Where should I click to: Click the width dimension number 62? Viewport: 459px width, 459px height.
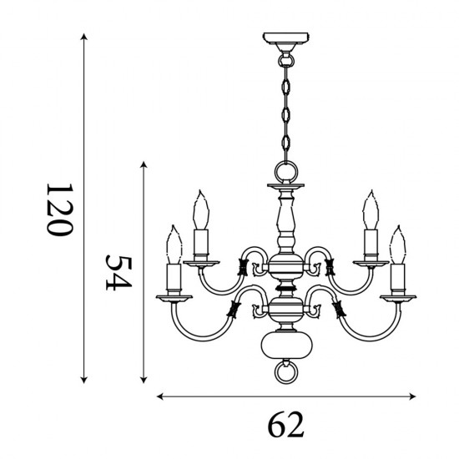pos(286,425)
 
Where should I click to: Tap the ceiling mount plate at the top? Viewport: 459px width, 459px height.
pos(285,39)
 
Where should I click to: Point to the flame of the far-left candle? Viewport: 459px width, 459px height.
pos(174,244)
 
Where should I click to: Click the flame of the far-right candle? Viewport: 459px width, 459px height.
pos(398,244)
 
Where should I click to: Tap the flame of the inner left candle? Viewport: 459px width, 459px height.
pos(199,208)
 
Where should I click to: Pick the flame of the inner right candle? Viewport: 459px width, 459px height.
pos(371,208)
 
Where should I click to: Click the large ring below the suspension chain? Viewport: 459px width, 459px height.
pos(285,173)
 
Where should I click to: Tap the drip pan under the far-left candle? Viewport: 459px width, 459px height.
pos(174,297)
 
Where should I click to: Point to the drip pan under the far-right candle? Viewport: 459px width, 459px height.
pos(398,297)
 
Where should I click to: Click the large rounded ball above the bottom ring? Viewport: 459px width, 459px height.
pos(285,344)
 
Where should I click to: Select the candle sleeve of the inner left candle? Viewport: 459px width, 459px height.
pos(199,242)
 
